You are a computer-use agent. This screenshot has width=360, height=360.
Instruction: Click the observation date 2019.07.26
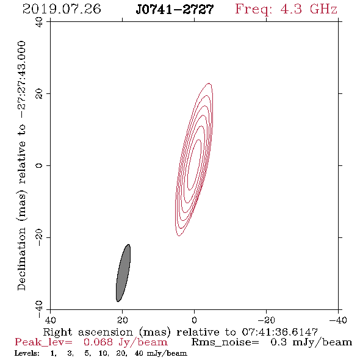tap(62, 9)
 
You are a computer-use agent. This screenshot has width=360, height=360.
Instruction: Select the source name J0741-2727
tap(175, 10)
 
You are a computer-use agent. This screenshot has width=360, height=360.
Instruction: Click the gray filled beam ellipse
tap(123, 273)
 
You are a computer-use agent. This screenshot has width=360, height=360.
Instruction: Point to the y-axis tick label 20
tap(39, 94)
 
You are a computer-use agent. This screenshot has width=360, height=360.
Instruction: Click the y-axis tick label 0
tap(39, 165)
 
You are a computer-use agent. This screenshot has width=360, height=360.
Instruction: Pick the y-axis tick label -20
tap(39, 237)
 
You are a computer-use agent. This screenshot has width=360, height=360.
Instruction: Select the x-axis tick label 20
tap(123, 320)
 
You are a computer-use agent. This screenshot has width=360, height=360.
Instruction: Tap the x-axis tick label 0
tap(195, 320)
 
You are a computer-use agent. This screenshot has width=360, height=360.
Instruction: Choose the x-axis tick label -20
tap(266, 320)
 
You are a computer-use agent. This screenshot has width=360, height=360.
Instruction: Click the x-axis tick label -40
tap(338, 320)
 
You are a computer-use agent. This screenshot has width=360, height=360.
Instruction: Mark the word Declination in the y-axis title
tap(21, 259)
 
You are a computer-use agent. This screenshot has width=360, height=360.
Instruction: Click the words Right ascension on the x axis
tap(88, 332)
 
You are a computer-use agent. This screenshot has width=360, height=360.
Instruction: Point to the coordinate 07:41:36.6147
tap(280, 332)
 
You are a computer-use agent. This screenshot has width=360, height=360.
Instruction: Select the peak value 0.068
tap(98, 342)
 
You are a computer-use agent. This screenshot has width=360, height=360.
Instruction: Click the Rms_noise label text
tap(225, 342)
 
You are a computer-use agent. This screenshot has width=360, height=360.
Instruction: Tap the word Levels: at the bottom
tap(27, 353)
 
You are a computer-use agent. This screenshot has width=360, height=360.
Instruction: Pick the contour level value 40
tap(139, 353)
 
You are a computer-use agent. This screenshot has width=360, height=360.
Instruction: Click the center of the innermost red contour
tap(194, 165)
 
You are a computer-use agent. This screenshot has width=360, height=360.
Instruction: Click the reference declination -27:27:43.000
tap(21, 80)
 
